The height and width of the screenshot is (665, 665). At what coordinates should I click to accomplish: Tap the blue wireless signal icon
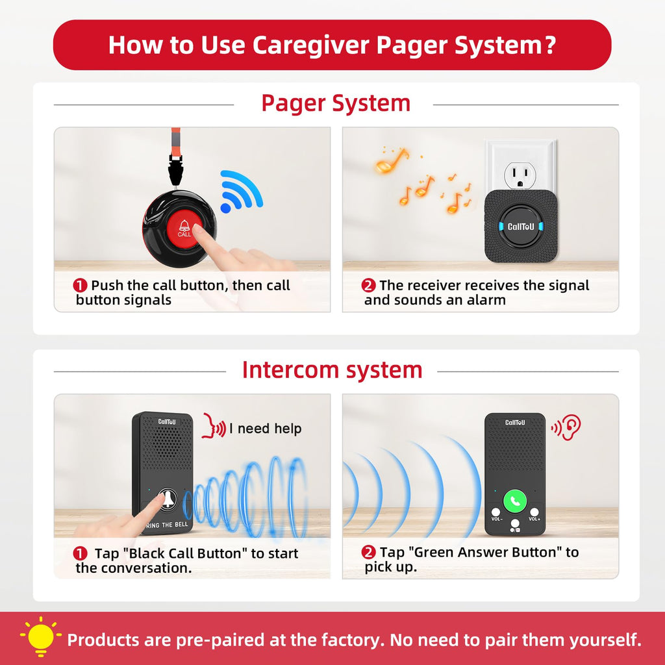pos(240,191)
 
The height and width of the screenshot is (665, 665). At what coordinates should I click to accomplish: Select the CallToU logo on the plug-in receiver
pos(521,227)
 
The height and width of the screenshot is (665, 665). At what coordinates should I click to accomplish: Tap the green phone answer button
pos(515,501)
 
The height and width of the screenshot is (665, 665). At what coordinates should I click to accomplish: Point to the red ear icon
pos(566,427)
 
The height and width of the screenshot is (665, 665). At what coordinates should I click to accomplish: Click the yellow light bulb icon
pos(41,636)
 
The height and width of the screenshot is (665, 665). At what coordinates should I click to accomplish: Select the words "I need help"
pos(266,429)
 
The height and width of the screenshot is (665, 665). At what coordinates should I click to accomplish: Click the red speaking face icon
pos(213,426)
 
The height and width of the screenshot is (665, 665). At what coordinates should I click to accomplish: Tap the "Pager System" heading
pos(336,103)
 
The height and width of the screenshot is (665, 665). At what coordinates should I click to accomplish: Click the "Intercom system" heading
pos(332,370)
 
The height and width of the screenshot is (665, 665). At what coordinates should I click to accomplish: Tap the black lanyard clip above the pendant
pos(175,169)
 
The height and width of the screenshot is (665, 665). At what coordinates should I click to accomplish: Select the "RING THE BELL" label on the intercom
pos(167,525)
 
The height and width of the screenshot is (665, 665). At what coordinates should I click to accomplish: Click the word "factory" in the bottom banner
pos(353,640)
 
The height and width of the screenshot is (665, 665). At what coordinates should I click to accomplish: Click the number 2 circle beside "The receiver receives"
pos(368,286)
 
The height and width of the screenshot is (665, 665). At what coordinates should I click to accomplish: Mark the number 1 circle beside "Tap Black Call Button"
pos(80,553)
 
